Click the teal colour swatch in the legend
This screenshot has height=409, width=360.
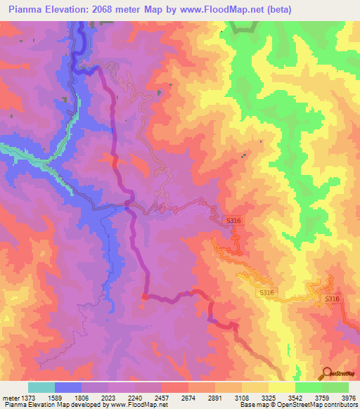(41, 387)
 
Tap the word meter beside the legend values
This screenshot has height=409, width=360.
(10, 398)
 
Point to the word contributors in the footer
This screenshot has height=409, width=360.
(341, 405)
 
